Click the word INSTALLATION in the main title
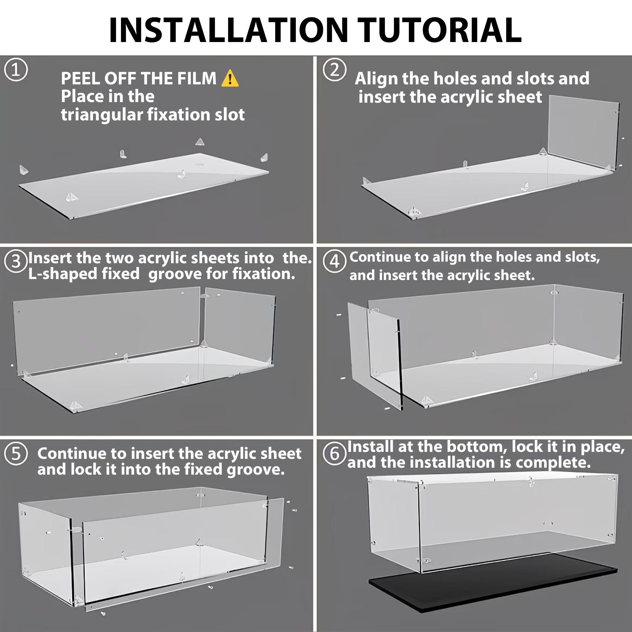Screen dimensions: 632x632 click(x=228, y=30)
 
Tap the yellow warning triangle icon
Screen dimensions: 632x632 click(x=230, y=78)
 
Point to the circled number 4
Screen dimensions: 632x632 click(x=334, y=262)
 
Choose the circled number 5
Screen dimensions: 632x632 click(x=16, y=454)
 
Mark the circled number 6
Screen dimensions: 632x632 click(x=334, y=454)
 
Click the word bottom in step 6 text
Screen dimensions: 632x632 click(x=476, y=447)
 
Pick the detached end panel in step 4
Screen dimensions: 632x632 click(x=374, y=355)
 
